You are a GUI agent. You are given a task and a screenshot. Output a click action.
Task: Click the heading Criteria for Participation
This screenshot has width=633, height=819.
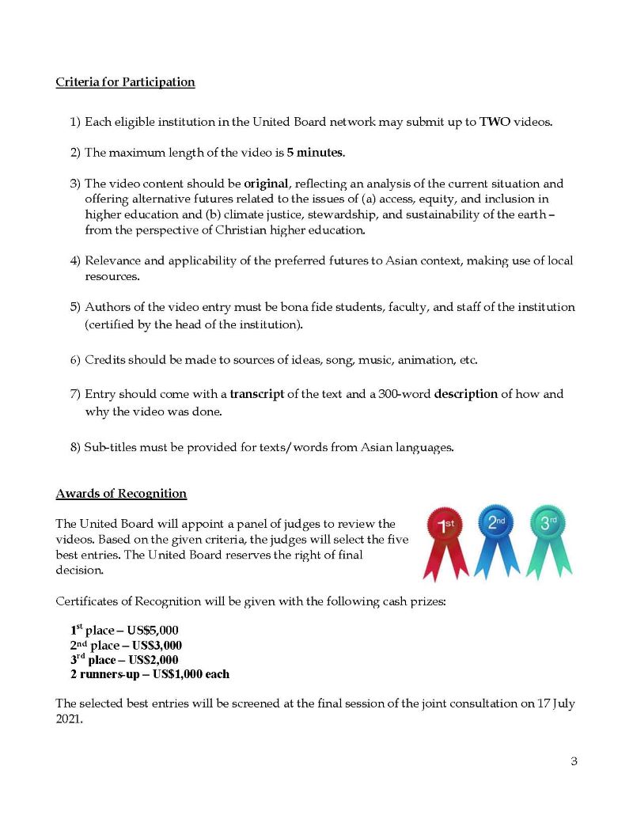click(x=125, y=82)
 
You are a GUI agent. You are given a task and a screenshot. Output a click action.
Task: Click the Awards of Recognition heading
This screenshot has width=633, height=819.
click(x=121, y=494)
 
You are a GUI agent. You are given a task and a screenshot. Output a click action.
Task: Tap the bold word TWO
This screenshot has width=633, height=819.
click(x=495, y=122)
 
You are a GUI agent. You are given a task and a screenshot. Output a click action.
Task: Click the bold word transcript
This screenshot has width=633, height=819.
click(x=257, y=394)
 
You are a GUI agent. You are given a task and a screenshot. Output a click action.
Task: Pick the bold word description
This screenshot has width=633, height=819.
click(x=466, y=394)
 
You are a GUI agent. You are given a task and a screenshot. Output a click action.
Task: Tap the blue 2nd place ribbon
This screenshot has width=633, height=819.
click(x=497, y=534)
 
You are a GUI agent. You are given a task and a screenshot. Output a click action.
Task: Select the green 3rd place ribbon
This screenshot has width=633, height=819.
click(x=549, y=534)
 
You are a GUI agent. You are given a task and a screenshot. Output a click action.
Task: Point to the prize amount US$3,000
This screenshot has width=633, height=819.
click(x=157, y=646)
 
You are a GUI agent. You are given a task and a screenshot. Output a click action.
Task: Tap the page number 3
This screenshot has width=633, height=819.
click(x=574, y=762)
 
